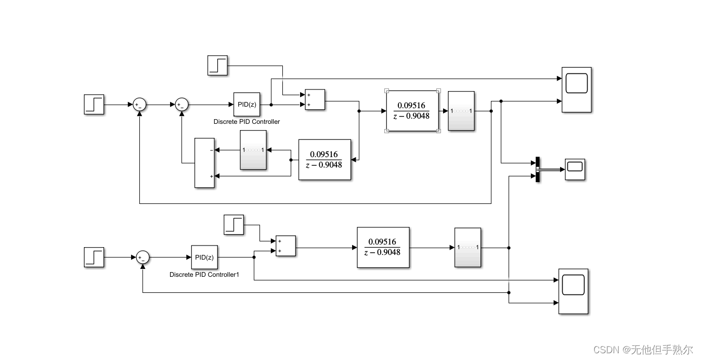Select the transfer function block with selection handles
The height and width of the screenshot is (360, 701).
[x=412, y=111]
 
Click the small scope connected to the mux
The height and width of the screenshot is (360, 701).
[x=575, y=169]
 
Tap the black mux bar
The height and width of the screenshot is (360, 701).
[x=538, y=170]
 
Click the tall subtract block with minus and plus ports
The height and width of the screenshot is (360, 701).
[x=204, y=163]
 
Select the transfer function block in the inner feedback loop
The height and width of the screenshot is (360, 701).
[x=324, y=159]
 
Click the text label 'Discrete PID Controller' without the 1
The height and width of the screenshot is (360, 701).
[x=246, y=122]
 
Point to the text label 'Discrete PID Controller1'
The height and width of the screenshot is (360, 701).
[x=204, y=274]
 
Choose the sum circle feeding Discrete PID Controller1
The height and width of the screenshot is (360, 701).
[x=142, y=257]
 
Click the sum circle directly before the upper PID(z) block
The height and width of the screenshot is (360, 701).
[x=181, y=105]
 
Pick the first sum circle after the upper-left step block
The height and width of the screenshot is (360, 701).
[x=139, y=105]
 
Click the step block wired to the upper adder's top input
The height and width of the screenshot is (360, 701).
[x=218, y=66]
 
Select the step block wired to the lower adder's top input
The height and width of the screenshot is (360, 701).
[x=233, y=225]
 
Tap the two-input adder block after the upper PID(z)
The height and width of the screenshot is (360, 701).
[x=315, y=100]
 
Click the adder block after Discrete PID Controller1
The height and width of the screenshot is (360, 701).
[x=285, y=246]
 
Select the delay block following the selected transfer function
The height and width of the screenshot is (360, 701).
[x=461, y=111]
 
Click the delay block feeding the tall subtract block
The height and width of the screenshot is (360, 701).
[x=253, y=150]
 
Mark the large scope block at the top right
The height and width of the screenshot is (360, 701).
[x=576, y=89]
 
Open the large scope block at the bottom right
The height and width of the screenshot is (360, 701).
[x=573, y=291]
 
